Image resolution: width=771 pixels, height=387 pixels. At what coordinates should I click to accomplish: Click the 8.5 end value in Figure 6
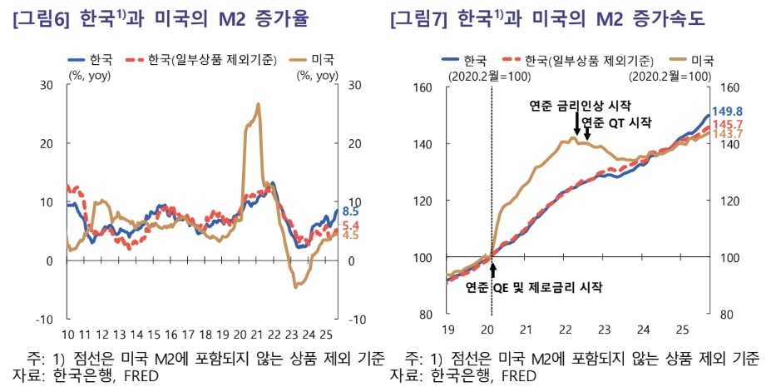(x=350, y=212)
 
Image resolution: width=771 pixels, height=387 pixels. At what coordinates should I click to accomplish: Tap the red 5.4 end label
(x=350, y=226)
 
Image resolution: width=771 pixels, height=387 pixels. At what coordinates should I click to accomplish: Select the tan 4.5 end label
(x=350, y=236)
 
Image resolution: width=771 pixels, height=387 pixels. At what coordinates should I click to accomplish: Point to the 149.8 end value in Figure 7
(x=726, y=112)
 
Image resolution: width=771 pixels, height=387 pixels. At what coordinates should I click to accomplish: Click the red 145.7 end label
(x=726, y=124)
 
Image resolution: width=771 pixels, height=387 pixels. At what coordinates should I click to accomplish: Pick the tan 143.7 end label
(x=726, y=134)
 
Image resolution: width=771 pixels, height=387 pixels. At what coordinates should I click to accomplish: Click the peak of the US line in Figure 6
(x=259, y=105)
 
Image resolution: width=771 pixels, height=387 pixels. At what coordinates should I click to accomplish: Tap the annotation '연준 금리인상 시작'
(x=581, y=107)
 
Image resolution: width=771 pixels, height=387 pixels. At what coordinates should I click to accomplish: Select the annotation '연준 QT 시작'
(x=616, y=122)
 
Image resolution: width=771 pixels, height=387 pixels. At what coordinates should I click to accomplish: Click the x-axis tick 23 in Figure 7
(x=605, y=329)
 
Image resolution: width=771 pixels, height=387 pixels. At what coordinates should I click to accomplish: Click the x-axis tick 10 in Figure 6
(x=70, y=335)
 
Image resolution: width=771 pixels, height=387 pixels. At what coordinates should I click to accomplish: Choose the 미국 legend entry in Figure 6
(x=312, y=60)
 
